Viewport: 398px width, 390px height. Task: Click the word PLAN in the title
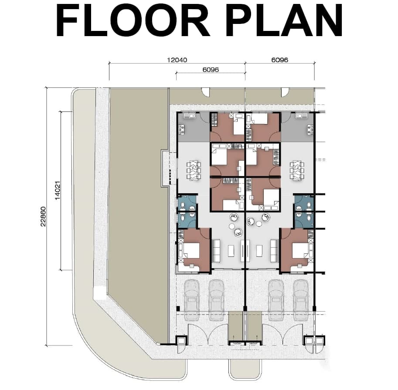(285, 21)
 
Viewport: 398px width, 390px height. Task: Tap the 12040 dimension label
(177, 60)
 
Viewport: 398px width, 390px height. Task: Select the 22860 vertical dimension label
(44, 216)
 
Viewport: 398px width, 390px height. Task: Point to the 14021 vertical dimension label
(58, 190)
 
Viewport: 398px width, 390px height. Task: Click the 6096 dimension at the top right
(280, 60)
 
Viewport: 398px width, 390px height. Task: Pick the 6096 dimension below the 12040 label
(211, 70)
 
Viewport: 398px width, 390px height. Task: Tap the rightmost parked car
(301, 300)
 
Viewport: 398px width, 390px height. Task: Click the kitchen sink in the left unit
(188, 116)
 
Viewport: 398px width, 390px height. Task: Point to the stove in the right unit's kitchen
(310, 129)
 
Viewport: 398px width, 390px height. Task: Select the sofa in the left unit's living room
(216, 251)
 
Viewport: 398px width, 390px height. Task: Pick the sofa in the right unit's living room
(274, 251)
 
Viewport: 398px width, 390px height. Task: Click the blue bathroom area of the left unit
(187, 211)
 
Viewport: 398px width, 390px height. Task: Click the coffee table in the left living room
(231, 251)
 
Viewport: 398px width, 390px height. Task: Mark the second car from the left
(216, 300)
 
